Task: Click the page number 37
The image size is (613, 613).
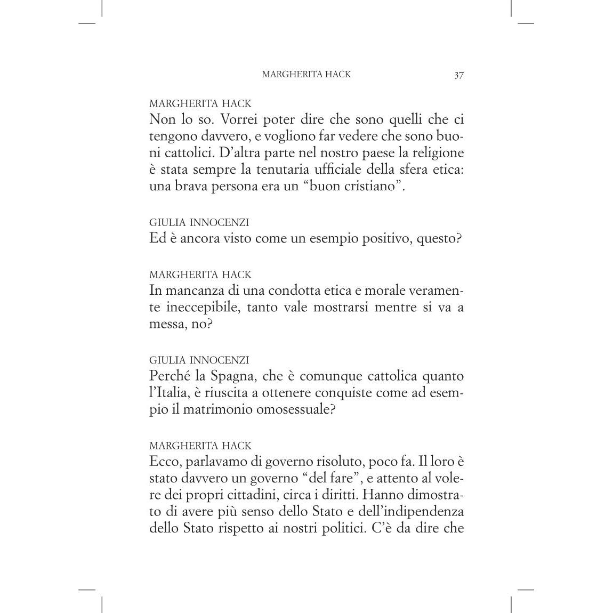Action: pyautogui.click(x=459, y=75)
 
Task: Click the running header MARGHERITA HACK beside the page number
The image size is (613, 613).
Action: pyautogui.click(x=306, y=75)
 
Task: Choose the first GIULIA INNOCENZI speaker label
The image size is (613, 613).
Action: pyautogui.click(x=199, y=222)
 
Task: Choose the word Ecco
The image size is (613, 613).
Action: pyautogui.click(x=163, y=462)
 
